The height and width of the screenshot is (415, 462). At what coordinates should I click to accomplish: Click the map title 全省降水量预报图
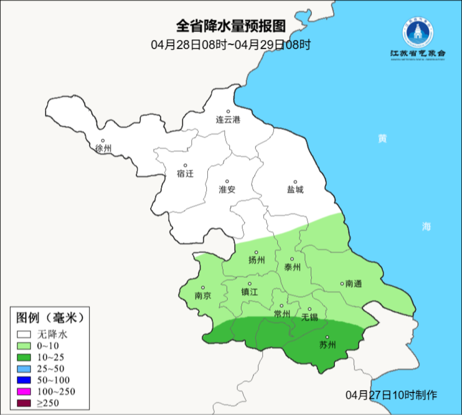(231, 27)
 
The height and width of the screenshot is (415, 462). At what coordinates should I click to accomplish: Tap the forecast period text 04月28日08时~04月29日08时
(231, 45)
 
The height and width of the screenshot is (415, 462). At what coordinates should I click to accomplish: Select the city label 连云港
(228, 120)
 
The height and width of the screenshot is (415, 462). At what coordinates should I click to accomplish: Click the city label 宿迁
(185, 173)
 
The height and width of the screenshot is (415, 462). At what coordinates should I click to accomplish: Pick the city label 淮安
(227, 189)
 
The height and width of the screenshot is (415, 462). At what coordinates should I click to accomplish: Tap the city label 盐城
(295, 189)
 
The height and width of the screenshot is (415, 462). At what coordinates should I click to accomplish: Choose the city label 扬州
(257, 260)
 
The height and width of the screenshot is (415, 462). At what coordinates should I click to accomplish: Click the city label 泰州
(292, 267)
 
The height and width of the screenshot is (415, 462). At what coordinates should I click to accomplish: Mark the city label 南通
(353, 284)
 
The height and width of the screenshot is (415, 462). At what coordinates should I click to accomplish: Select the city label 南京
(203, 296)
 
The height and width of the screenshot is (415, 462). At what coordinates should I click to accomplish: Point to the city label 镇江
(250, 292)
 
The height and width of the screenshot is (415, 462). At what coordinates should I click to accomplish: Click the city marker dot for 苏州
(328, 337)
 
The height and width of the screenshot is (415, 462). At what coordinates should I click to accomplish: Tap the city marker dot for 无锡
(310, 309)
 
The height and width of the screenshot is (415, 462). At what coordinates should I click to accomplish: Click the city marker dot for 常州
(281, 306)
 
